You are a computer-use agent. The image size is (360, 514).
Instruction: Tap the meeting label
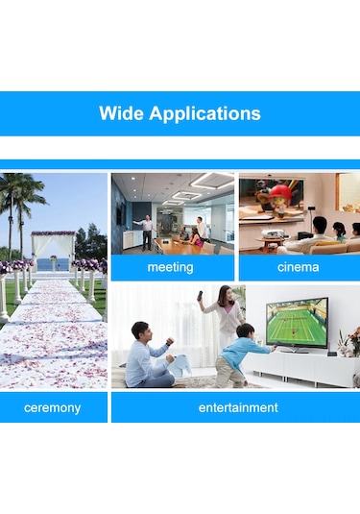coord(170,267)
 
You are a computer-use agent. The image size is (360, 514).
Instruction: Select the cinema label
coord(298,267)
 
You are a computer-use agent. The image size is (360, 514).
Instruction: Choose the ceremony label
coord(52,407)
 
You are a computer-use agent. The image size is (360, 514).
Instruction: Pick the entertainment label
coord(238,407)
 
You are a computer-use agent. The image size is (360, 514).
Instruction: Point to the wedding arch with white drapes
coord(52,249)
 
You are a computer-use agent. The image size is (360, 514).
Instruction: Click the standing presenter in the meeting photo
coord(147,232)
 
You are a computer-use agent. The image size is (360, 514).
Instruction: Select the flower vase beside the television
coord(348,340)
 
